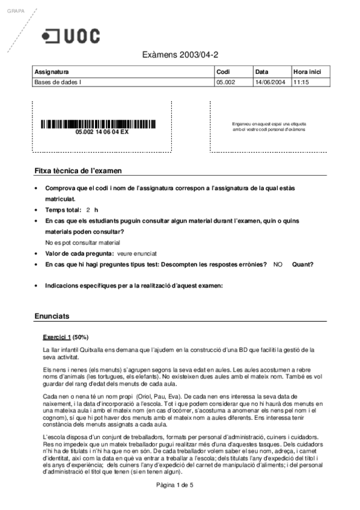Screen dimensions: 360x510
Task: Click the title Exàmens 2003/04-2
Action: [x=180, y=55]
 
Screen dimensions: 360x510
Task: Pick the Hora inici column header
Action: [x=306, y=72]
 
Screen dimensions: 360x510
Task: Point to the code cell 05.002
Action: [x=225, y=82]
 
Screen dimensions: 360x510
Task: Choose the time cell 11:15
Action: [x=301, y=82]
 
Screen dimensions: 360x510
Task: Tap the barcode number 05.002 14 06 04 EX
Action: [x=102, y=132]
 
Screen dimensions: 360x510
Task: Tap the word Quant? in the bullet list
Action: [x=302, y=264]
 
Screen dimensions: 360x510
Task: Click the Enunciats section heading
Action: [x=52, y=316]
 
